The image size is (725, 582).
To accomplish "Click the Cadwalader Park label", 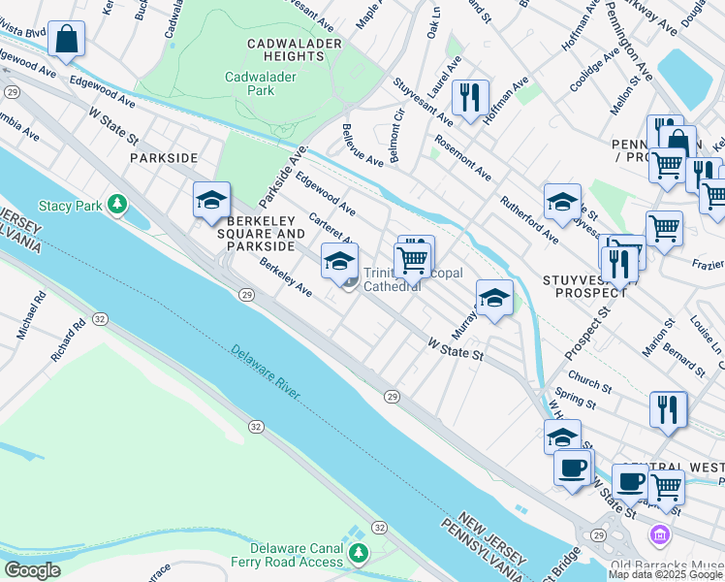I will pos(250,83).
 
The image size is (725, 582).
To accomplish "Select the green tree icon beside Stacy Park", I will pos(117,204).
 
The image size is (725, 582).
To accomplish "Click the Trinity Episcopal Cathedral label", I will pos(392,279).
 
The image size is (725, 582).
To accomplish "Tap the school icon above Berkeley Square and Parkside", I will pos(211,200).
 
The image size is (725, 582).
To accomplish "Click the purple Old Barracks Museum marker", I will pos(659,534).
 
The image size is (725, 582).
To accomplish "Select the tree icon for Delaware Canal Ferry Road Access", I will pos(360,553).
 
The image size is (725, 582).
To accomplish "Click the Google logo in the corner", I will pos(33,570).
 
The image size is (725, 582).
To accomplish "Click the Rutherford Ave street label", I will pos(529,219).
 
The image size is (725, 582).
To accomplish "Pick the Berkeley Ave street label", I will pos(285,277).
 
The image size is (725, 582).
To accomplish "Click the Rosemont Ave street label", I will pos(463,156).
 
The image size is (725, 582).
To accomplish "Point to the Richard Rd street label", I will pos(69,341).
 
